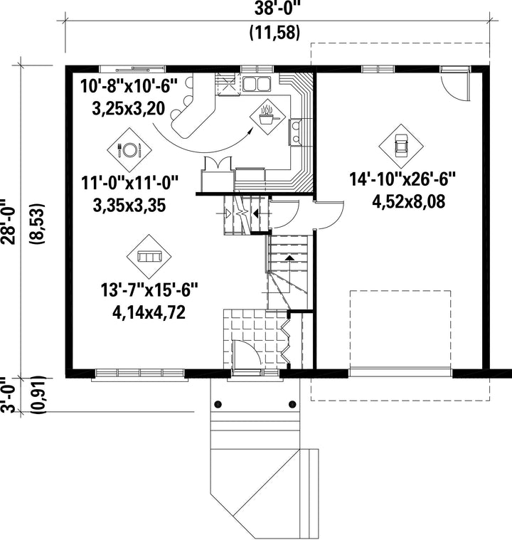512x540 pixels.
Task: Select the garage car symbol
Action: click(x=401, y=146)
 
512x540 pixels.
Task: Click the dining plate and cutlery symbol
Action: click(x=129, y=150)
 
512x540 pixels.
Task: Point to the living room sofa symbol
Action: click(x=149, y=257)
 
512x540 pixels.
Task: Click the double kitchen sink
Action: click(x=257, y=84)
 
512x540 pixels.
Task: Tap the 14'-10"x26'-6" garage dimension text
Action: click(x=402, y=179)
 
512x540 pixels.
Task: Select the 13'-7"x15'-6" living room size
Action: click(x=150, y=290)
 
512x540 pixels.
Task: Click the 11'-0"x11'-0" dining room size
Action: click(x=130, y=183)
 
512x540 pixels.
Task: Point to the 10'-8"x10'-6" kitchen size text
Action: click(x=129, y=86)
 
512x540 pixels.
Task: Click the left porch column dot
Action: click(x=218, y=404)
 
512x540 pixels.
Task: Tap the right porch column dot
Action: click(x=292, y=404)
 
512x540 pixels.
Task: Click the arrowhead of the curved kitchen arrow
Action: click(x=250, y=129)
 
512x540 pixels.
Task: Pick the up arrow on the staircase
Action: click(x=289, y=258)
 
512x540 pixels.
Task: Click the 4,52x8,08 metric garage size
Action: click(x=408, y=201)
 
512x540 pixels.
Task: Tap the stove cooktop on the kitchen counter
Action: click(x=295, y=132)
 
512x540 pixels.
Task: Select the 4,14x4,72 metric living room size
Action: click(x=149, y=312)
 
